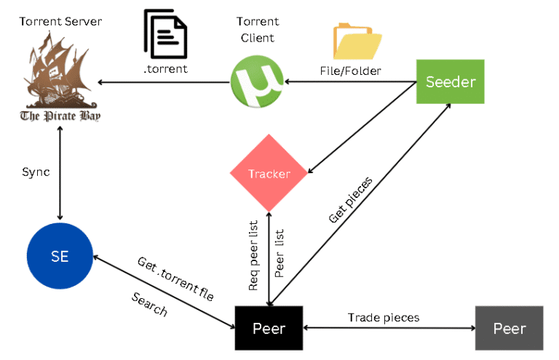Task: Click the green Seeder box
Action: (449, 81)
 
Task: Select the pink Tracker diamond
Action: (269, 174)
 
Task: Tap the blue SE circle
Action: (60, 256)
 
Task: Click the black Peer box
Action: (268, 328)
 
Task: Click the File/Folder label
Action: (348, 71)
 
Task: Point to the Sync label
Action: (36, 172)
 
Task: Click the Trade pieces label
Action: (383, 317)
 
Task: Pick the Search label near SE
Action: (148, 304)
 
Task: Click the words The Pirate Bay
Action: (60, 116)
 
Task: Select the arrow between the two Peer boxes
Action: (388, 329)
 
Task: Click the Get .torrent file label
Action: (175, 279)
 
